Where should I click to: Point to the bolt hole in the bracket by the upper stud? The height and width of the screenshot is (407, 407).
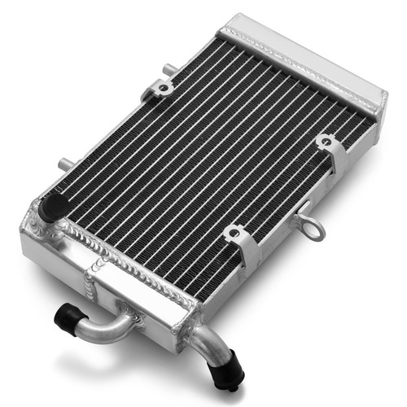coord(164,87)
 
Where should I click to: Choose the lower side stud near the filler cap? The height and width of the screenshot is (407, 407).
coord(63,160)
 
